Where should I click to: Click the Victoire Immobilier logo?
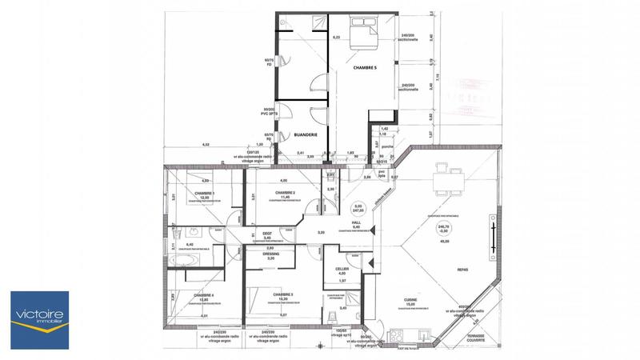[x=39, y=319]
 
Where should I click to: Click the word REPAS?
[x=462, y=270]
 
